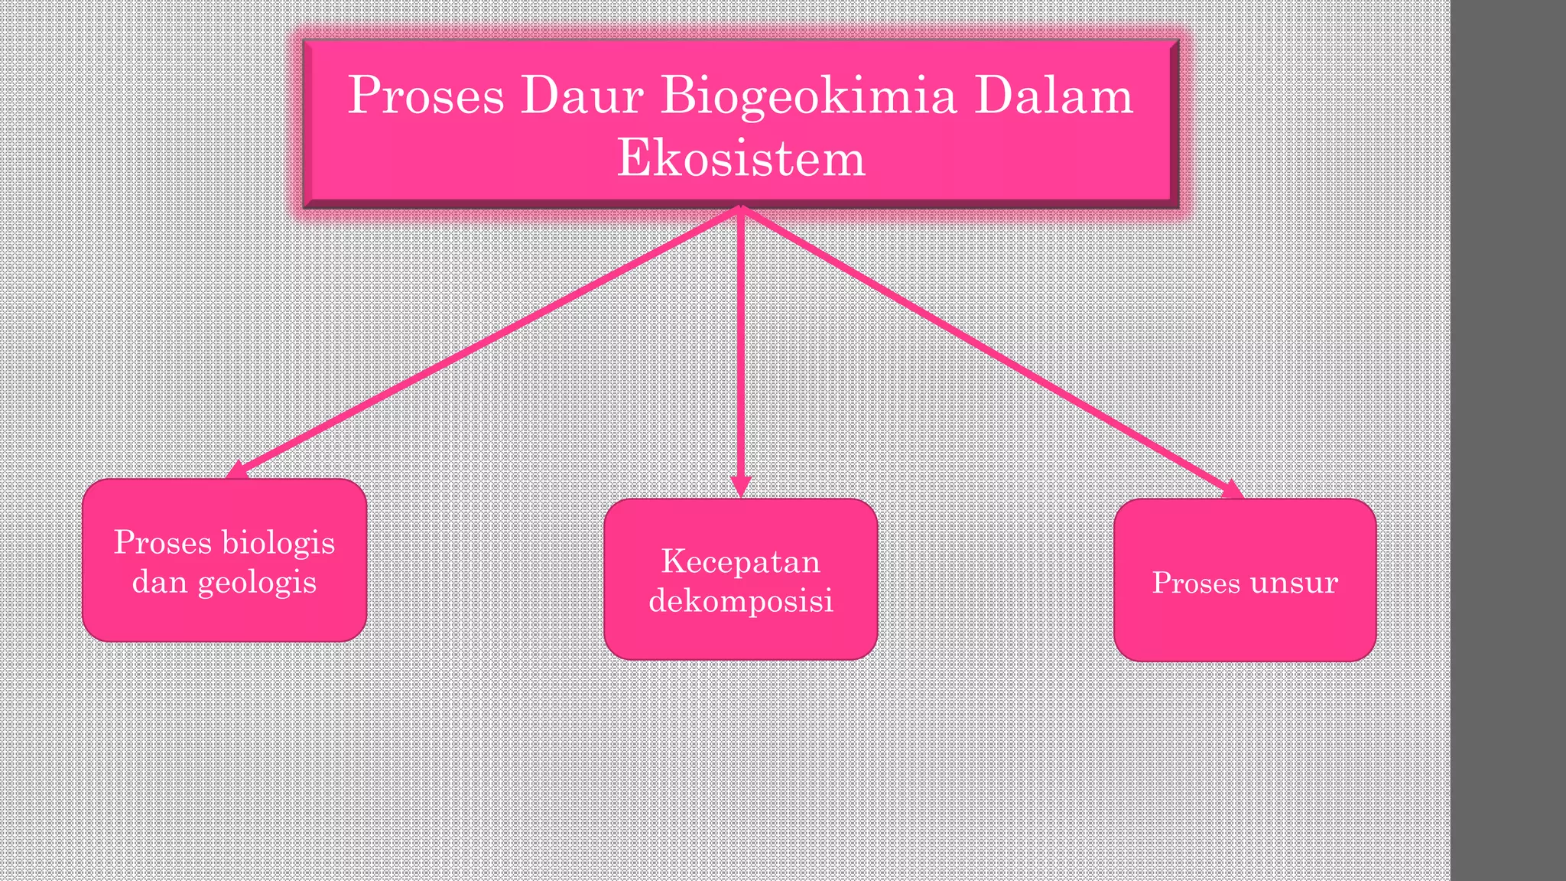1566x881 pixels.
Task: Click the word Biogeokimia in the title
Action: [807, 97]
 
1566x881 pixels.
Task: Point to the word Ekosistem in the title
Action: [740, 158]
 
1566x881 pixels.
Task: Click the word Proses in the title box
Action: [426, 97]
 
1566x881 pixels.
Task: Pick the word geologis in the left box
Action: [257, 583]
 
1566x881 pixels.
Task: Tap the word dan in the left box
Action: [160, 582]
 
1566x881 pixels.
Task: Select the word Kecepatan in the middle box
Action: [740, 561]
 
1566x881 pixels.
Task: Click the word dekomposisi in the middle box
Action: [740, 601]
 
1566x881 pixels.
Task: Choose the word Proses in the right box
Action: [1196, 583]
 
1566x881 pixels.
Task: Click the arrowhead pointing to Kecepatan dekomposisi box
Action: [740, 487]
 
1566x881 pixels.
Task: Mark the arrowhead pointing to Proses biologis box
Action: [237, 470]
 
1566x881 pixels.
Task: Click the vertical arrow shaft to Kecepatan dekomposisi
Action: [740, 344]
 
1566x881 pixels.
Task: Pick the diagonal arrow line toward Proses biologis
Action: [489, 340]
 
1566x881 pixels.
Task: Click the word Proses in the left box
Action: [162, 543]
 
